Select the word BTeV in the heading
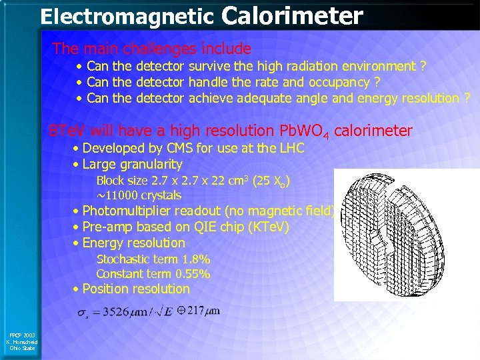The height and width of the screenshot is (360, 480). pos(67,131)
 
